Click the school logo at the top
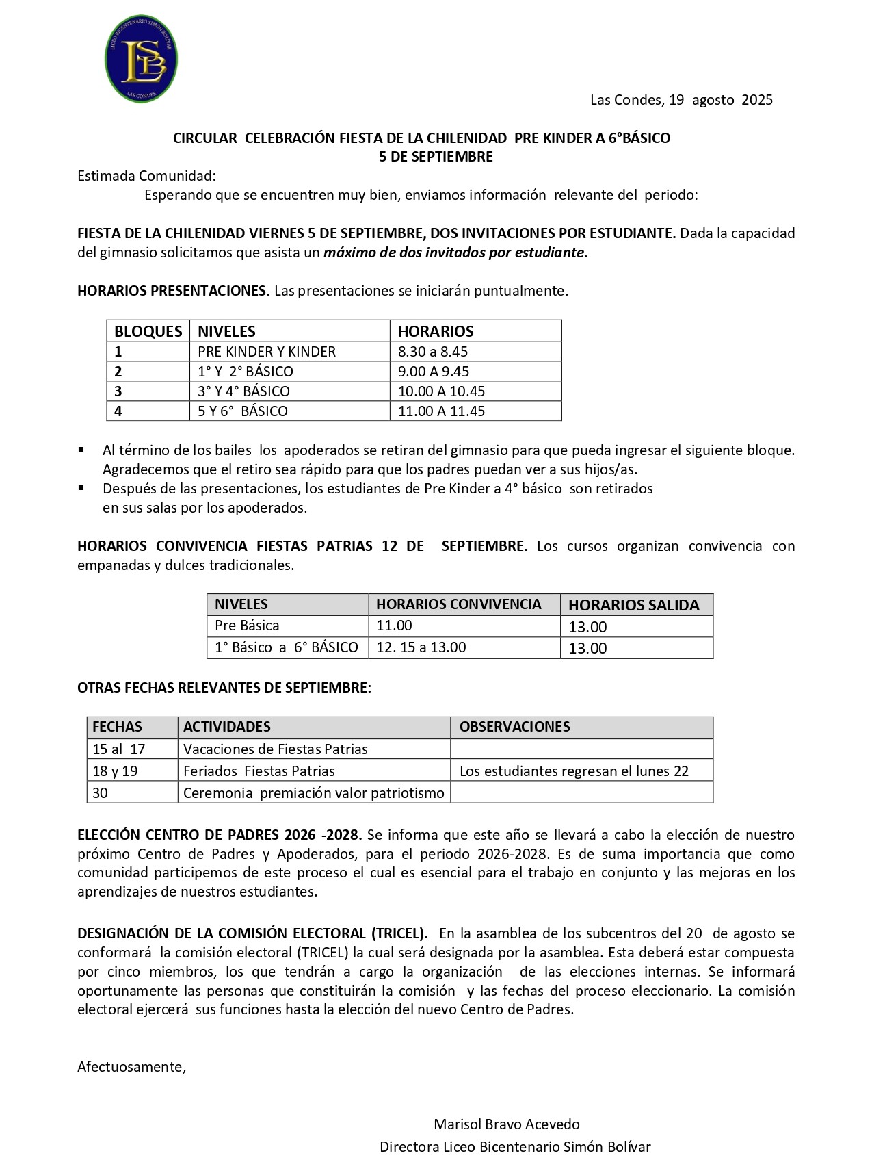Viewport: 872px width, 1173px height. click(142, 60)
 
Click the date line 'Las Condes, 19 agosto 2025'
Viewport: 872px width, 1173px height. click(681, 100)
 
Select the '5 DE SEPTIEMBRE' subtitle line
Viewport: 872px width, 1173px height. click(436, 157)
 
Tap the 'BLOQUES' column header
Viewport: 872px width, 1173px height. click(148, 331)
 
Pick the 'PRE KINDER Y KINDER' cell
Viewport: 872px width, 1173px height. click(267, 352)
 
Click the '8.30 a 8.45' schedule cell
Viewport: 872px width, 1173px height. click(433, 352)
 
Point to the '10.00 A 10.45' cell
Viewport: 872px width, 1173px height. click(441, 391)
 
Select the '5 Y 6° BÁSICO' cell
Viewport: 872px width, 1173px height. click(243, 411)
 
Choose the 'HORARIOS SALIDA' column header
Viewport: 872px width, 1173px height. click(633, 605)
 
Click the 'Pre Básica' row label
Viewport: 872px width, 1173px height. click(247, 626)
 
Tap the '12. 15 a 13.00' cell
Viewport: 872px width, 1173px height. click(421, 647)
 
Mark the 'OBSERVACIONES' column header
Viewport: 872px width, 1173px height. click(514, 727)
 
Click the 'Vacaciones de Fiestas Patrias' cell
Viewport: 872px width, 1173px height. click(275, 749)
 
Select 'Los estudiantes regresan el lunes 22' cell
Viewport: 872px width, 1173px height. click(574, 771)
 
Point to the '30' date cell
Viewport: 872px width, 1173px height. click(101, 793)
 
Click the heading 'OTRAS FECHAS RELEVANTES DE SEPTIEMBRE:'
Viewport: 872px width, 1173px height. click(224, 688)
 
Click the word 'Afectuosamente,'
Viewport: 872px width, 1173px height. click(131, 1067)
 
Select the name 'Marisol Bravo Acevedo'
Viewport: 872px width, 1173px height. click(506, 1124)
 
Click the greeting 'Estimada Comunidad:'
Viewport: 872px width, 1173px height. click(146, 176)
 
